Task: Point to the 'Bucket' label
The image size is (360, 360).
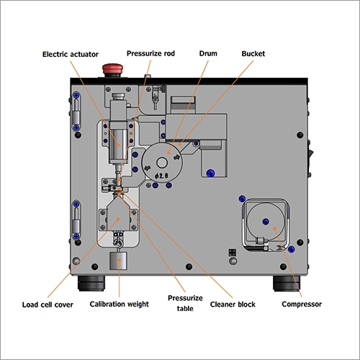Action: [253, 54]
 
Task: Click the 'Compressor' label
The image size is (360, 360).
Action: [301, 305]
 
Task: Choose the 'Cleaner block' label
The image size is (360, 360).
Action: [233, 305]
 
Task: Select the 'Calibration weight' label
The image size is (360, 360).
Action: [119, 305]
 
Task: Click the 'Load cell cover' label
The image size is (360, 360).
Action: [48, 305]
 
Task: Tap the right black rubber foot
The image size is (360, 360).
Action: [284, 282]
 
